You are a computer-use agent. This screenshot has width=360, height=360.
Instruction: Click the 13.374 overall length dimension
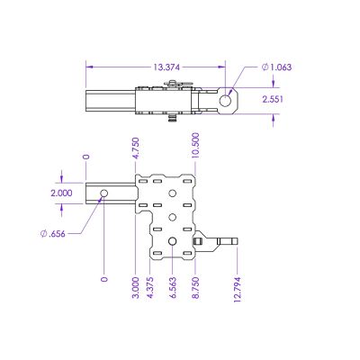point(166,66)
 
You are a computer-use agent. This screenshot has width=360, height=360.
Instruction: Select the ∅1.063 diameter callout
point(275,66)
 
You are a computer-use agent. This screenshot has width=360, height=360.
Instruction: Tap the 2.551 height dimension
point(274,101)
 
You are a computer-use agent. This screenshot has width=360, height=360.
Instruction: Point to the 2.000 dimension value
point(62,193)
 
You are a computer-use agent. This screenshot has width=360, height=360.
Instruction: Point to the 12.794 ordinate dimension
point(237,291)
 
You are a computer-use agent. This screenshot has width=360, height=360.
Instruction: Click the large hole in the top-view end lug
point(229,99)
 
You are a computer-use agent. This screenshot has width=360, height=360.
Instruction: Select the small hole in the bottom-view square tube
point(104,193)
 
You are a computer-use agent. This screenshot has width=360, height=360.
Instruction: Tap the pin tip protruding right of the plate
point(234,241)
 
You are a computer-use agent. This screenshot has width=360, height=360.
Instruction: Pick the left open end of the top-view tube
point(87,101)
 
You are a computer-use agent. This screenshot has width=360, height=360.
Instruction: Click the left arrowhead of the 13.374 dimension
point(88,66)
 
